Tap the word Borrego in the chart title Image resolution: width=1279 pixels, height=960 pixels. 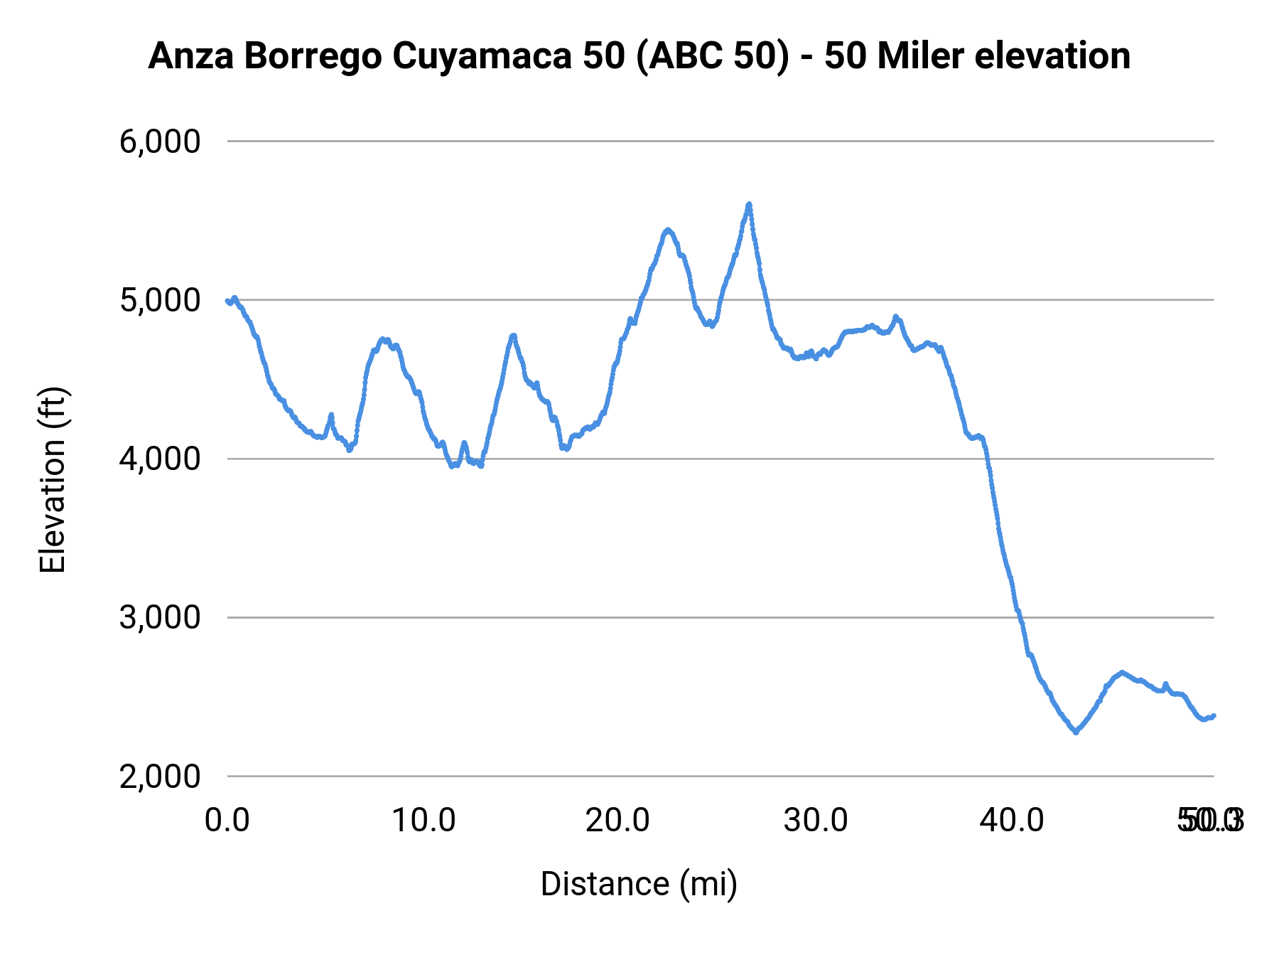point(313,57)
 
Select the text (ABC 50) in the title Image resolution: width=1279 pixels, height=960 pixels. point(711,57)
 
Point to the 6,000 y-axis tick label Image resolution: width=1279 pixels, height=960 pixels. point(160,142)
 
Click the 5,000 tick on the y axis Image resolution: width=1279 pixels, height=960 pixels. point(160,300)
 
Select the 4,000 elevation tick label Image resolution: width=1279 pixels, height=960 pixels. point(160,459)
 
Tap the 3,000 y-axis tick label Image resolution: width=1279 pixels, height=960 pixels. point(160,617)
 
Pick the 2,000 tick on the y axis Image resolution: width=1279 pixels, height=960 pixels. point(160,776)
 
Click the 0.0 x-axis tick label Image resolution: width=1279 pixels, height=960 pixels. point(227,821)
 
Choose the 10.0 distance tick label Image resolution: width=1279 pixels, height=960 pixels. point(423,821)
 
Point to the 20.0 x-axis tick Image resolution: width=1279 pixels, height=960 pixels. point(617,821)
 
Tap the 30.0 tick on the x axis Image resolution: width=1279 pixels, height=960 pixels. point(815,821)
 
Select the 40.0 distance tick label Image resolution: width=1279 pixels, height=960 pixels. point(1011,821)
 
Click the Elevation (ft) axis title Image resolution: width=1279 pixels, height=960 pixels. point(53,480)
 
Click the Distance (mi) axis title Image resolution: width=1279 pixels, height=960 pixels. point(639,884)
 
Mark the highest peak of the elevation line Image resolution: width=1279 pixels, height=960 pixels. point(749,204)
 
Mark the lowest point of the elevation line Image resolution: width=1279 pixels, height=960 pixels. point(1076,732)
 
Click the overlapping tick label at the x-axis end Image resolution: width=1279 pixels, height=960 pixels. point(1210,821)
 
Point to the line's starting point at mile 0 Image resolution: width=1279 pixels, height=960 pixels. point(227,301)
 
